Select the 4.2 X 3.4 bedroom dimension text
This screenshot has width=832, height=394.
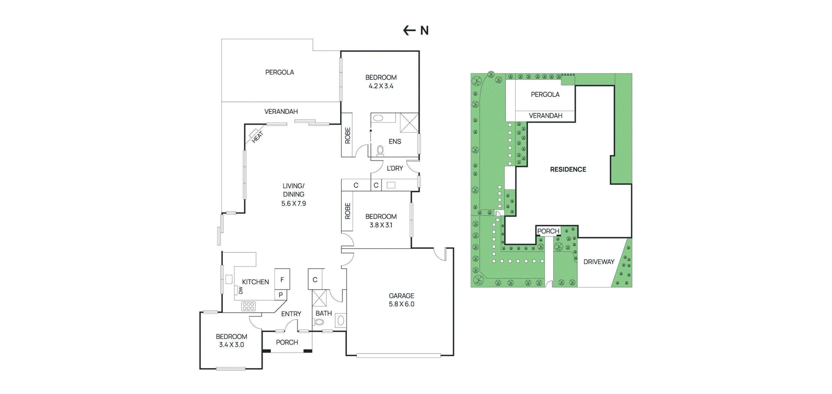click(381, 86)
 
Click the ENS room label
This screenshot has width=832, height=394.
click(394, 141)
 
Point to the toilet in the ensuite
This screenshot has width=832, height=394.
click(380, 150)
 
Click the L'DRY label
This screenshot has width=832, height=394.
click(394, 168)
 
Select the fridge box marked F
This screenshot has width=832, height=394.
click(282, 279)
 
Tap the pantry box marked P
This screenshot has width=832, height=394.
click(281, 295)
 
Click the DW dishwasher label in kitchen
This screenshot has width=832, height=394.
click(240, 290)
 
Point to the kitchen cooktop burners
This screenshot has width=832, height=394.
click(248, 306)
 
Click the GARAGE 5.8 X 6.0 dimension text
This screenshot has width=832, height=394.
click(401, 304)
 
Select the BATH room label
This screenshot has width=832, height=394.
click(323, 313)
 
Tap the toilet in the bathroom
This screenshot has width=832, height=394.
click(319, 322)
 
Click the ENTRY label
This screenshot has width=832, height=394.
click(291, 314)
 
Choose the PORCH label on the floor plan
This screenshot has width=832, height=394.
click(287, 342)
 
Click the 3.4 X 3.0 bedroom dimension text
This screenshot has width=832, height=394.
click(231, 345)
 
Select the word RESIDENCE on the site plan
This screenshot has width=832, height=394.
click(568, 170)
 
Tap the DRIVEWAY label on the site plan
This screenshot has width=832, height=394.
click(599, 262)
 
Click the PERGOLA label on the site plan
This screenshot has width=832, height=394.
click(545, 95)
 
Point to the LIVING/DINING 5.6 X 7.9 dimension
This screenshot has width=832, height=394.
click(293, 203)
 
